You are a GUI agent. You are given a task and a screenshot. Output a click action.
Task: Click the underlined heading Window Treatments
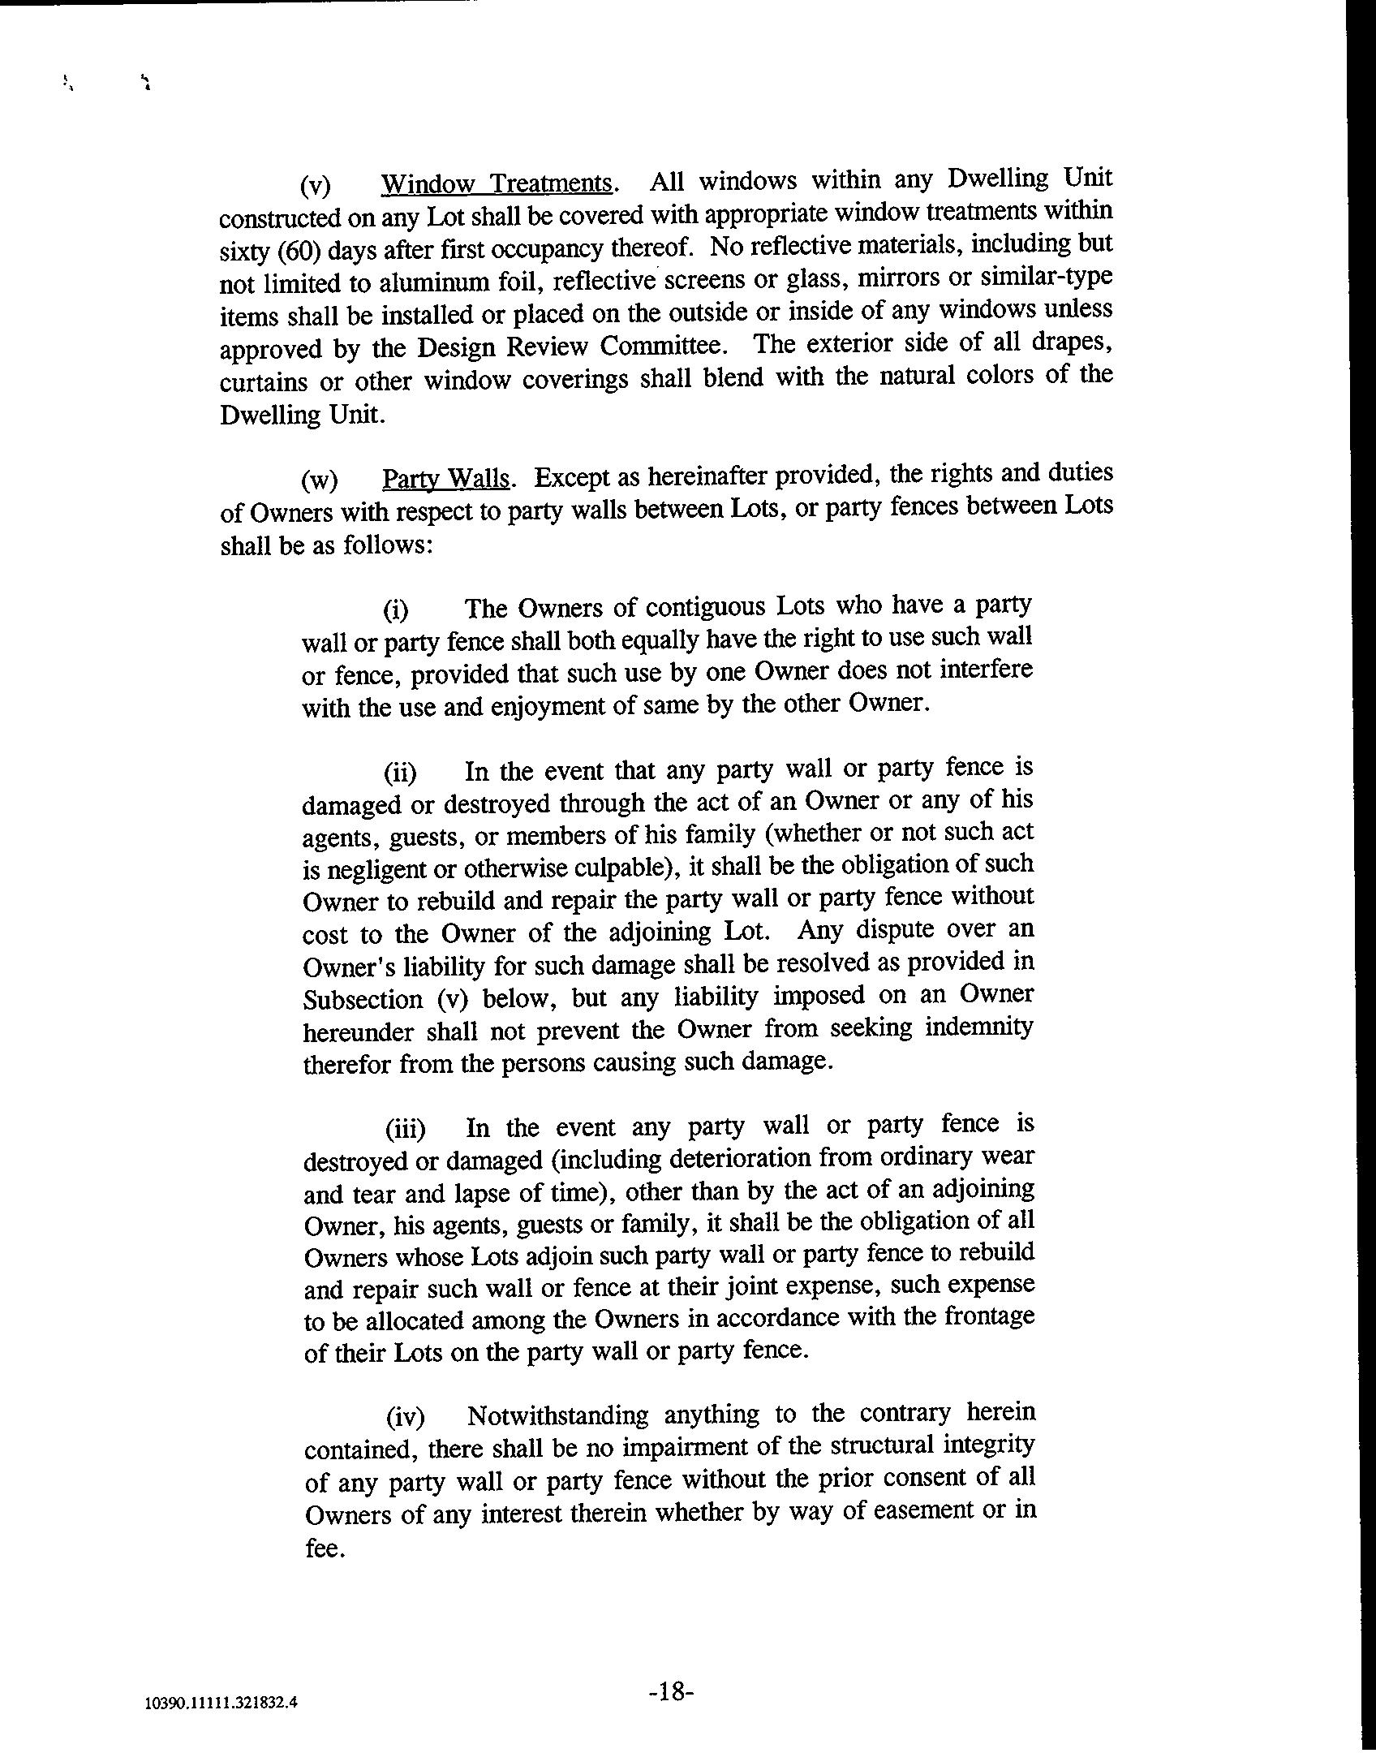[497, 184]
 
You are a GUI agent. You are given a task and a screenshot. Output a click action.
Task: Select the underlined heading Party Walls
[446, 479]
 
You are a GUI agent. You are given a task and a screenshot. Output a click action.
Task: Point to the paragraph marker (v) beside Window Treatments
[316, 187]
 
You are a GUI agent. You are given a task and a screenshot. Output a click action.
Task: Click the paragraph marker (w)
[318, 480]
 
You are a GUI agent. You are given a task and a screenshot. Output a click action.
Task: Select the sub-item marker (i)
[396, 609]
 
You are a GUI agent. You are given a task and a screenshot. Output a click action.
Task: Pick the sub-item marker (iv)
[405, 1417]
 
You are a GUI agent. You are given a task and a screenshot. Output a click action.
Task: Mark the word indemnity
[979, 1027]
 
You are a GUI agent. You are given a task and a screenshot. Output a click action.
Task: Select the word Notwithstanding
[558, 1415]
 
